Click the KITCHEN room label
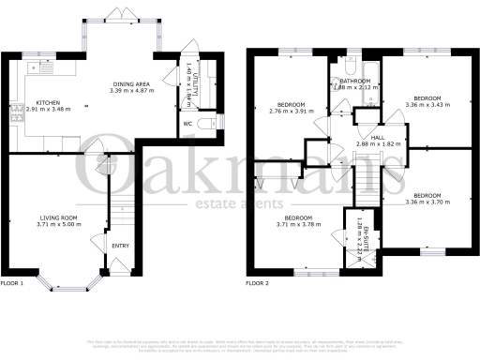point(48,104)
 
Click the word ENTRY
point(122,247)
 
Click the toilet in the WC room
point(217,123)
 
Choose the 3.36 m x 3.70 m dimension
point(427,202)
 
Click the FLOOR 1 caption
point(11,282)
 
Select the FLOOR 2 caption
point(257,282)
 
